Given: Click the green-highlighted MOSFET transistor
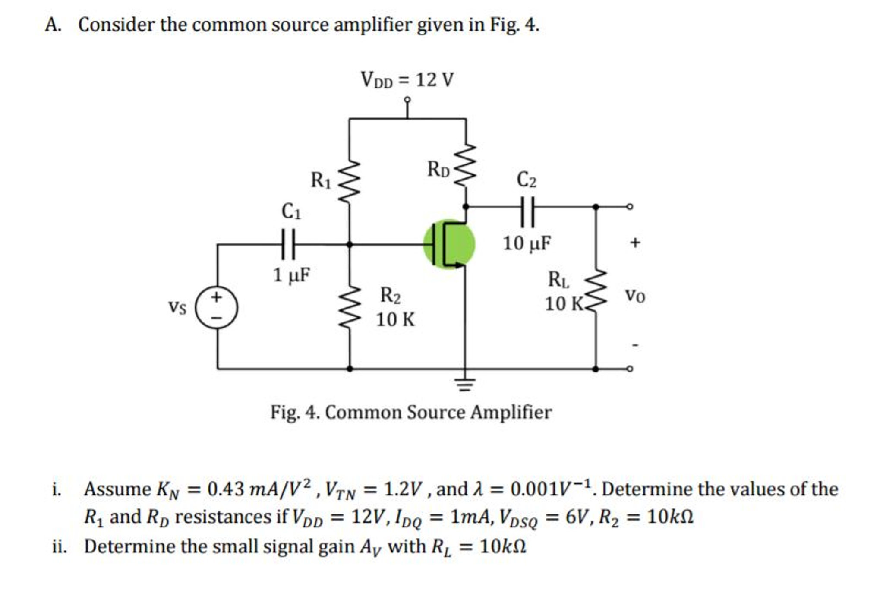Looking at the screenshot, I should point(449,244).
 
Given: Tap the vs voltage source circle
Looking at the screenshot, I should point(216,307).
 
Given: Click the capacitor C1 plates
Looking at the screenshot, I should point(288,244).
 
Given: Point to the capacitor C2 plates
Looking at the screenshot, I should point(527,211).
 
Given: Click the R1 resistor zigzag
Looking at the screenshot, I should point(349,182).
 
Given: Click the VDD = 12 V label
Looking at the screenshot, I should point(407,80).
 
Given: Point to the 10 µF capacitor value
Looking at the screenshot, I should point(526,243).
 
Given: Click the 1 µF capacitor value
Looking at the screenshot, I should point(291,275).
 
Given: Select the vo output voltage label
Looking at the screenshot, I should point(635,296).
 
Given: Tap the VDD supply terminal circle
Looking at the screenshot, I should point(407,100).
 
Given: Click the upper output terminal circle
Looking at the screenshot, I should point(630,206).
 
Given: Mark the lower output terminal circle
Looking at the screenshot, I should point(630,369).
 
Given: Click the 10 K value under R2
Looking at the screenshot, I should point(395,320).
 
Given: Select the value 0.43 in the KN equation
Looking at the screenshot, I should point(226,489).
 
